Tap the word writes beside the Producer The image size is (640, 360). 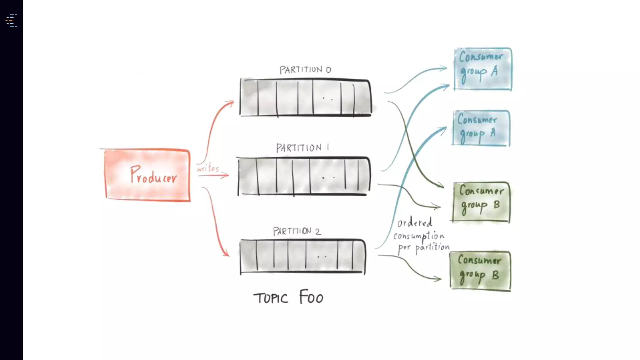pos(208,168)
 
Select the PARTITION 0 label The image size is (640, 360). pos(305,69)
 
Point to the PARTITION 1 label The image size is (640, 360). pos(302,147)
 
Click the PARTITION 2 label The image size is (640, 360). pos(297,231)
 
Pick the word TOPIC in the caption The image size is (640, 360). pos(270,298)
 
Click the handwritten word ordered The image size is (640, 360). pos(415,222)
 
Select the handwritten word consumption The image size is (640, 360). pos(419,236)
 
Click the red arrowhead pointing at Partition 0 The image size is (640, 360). pos(231,103)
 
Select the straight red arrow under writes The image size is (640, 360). pos(213,176)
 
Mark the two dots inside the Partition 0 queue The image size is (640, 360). pos(327,99)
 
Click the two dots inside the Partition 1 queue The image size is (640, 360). pos(328,178)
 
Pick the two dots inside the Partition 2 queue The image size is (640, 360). pos(322,257)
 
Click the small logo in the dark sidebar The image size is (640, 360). pos(11,21)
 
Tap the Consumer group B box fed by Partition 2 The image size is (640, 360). pos(480,271)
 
